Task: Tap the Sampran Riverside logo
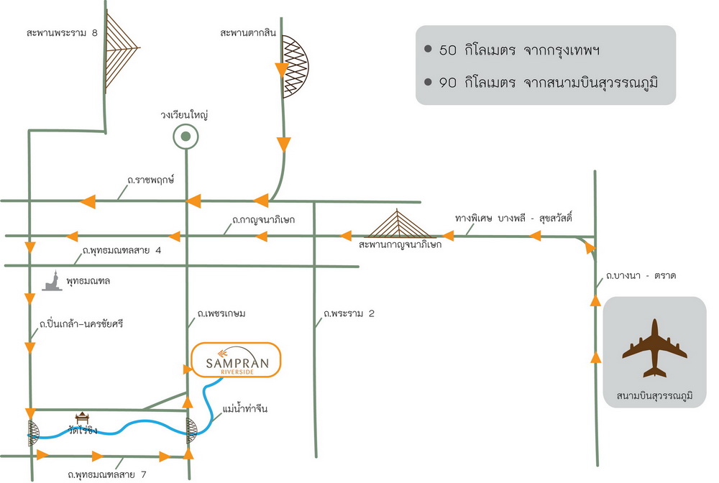236,360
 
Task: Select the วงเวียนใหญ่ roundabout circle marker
186,137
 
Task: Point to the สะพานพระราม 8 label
63,33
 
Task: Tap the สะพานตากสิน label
248,32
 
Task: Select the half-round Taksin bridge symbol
294,66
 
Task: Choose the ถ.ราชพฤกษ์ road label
150,180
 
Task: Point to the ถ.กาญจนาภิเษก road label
263,219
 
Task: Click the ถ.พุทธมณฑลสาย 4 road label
122,251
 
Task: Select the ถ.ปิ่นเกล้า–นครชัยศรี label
81,324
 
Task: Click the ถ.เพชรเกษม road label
221,313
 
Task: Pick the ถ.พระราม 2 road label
349,313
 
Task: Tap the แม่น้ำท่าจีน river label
245,408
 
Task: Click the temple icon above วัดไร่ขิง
82,418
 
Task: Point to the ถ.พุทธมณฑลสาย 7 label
107,474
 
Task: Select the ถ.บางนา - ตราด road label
641,276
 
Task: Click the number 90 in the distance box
447,83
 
